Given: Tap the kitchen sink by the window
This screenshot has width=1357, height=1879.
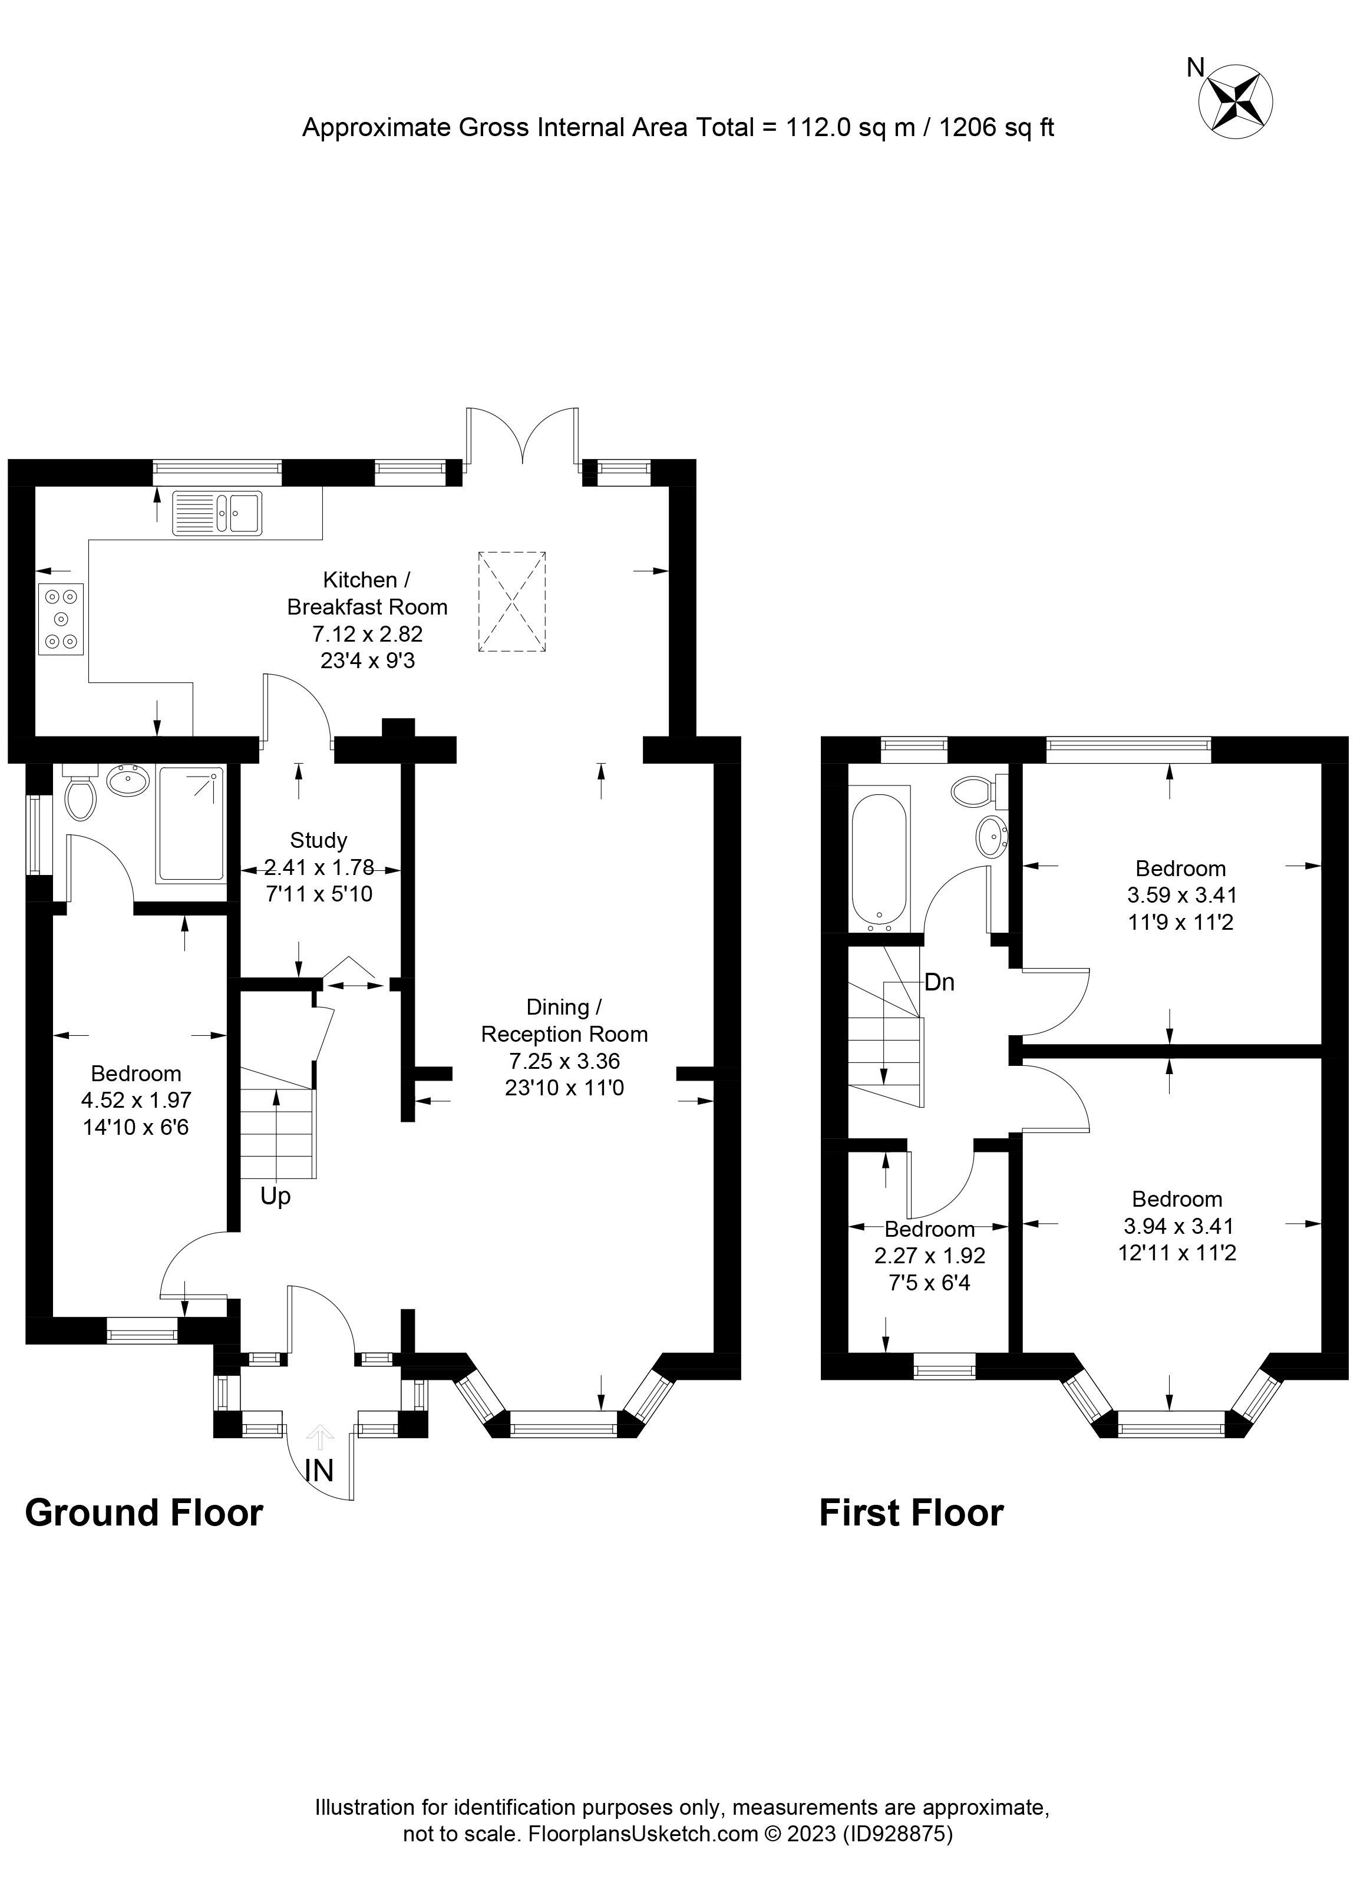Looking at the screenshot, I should [217, 513].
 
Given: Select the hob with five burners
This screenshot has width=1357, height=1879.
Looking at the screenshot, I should [61, 619].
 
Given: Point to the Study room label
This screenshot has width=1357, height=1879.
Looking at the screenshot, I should [318, 840].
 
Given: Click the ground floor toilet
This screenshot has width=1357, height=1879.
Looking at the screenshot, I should [80, 795].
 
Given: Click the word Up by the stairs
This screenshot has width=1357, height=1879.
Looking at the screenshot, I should [275, 1197].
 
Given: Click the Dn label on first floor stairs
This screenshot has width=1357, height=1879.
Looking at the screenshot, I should [939, 983].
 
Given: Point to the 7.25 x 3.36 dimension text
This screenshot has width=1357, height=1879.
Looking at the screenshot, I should [564, 1061].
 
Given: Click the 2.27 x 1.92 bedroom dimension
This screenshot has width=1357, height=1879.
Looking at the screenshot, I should [930, 1256].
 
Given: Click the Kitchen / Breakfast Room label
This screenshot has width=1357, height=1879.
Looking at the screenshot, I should [367, 593].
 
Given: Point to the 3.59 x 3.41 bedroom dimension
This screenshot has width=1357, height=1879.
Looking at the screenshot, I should [1181, 895].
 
